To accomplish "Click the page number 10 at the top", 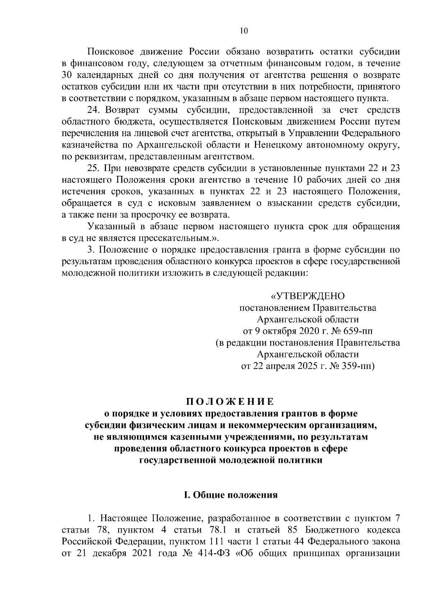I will pos(244,31).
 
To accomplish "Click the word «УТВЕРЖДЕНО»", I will pos(307,296).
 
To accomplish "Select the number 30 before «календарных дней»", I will pos(67,75).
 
